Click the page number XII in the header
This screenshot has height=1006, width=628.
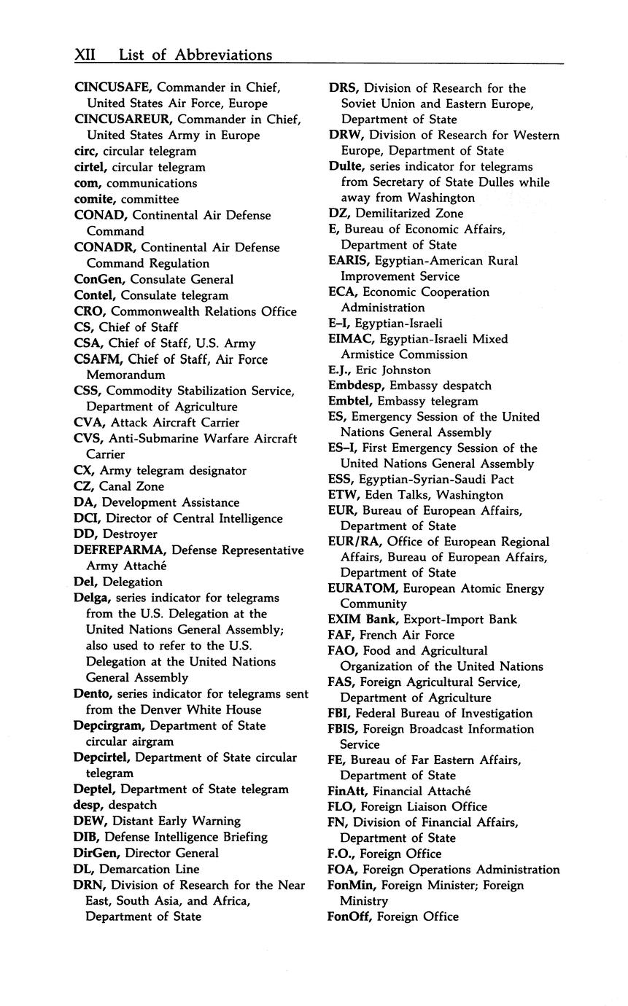[x=87, y=55]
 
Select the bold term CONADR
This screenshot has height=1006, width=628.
[x=101, y=247]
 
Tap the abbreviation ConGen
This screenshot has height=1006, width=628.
[x=97, y=279]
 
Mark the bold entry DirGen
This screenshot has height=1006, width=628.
[x=96, y=853]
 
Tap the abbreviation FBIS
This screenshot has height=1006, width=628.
[x=343, y=729]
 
